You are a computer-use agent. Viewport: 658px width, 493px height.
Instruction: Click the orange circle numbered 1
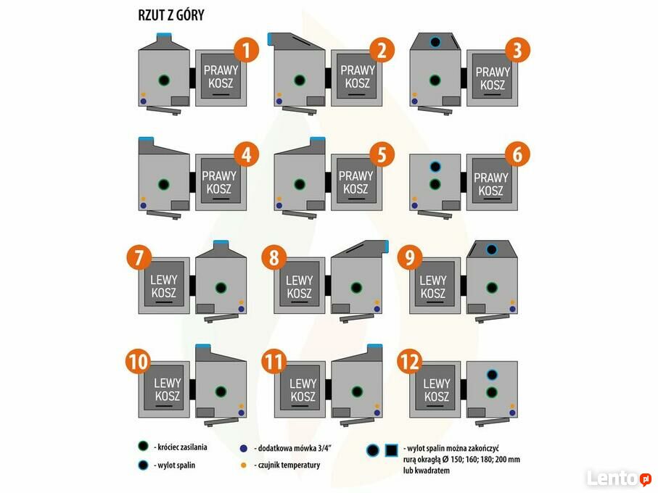(247, 50)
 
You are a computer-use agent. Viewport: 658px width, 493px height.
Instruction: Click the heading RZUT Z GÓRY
(170, 15)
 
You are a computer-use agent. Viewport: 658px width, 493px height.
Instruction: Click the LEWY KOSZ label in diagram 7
(163, 286)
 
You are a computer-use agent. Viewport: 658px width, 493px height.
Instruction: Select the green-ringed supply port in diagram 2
(299, 80)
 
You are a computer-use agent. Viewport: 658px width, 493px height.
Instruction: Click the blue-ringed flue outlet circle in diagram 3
(435, 42)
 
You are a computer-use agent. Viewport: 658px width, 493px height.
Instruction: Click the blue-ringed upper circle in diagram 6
(435, 166)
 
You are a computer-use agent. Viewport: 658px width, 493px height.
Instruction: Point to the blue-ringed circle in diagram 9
(491, 249)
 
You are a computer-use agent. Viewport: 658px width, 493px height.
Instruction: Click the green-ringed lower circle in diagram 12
(491, 392)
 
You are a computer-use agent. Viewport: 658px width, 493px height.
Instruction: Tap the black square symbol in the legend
(391, 450)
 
